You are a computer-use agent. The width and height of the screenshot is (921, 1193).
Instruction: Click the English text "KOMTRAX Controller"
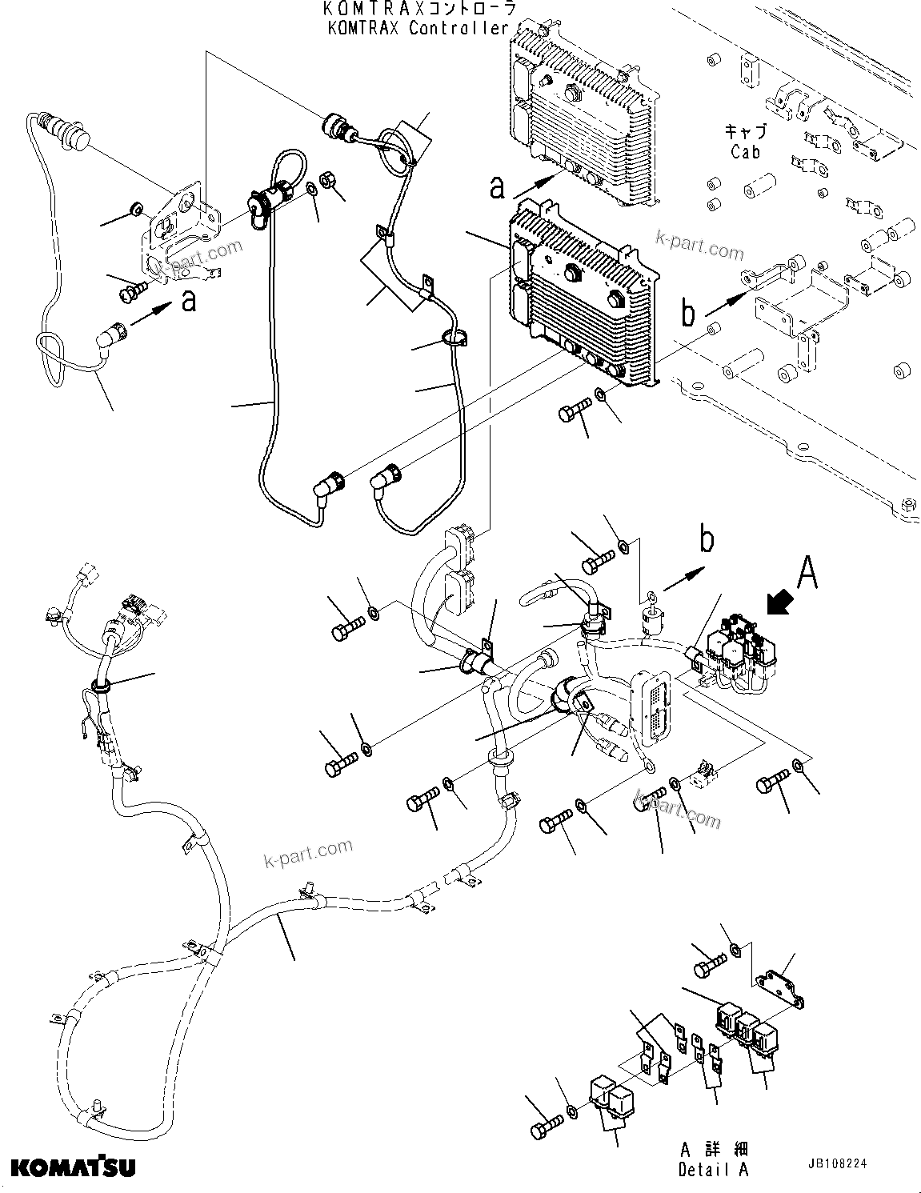coord(417,28)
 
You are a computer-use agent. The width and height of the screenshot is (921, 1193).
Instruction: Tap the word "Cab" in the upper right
coord(745,151)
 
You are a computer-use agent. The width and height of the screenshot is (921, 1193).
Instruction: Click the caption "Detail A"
coord(713,1169)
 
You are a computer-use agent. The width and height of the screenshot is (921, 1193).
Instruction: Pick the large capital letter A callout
coord(807,573)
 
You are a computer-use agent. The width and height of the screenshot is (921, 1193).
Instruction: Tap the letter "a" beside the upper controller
coord(498,187)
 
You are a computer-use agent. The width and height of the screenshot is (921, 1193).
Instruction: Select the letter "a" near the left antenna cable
coord(189,301)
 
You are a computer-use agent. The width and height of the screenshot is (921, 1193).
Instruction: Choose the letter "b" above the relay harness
coord(707,541)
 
